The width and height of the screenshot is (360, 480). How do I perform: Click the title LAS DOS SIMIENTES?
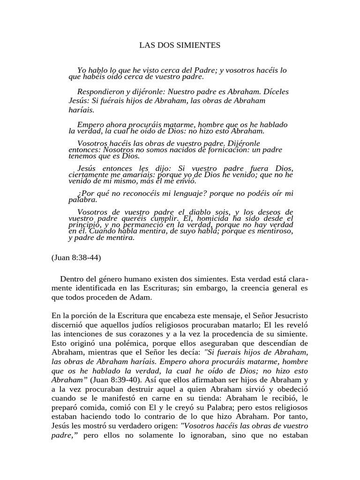pos(180,45)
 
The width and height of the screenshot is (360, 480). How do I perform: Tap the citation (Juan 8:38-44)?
pos(76,257)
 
